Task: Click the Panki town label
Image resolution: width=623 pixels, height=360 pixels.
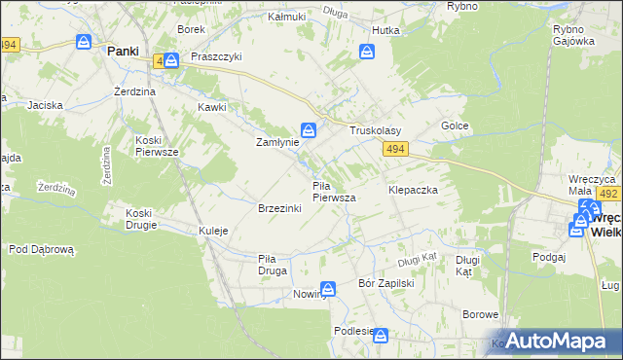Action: [122, 51]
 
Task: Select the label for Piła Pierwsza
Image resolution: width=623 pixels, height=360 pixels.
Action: [333, 191]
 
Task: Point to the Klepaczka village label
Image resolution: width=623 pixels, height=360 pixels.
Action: [413, 190]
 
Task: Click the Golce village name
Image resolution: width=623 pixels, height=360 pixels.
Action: [455, 126]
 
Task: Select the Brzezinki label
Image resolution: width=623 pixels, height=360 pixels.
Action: [278, 209]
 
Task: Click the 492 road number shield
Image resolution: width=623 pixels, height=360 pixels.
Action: [609, 195]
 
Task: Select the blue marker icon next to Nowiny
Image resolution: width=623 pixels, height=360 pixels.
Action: [329, 289]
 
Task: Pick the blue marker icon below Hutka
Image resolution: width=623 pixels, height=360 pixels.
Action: [368, 52]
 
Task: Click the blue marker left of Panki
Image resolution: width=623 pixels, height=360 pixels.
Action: [85, 43]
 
